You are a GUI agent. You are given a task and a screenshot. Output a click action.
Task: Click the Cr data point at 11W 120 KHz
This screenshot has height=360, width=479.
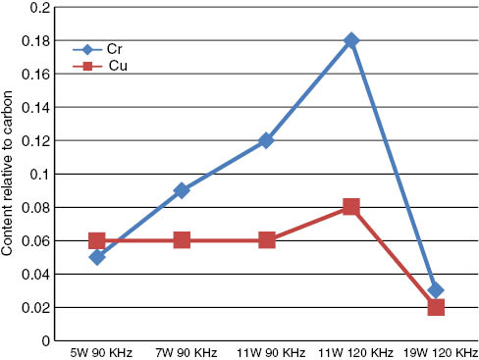point(351,40)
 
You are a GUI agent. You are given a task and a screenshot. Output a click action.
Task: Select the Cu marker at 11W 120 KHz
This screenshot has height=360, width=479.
point(351,207)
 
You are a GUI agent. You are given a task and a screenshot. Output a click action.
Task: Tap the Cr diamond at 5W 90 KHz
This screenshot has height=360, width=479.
point(96,257)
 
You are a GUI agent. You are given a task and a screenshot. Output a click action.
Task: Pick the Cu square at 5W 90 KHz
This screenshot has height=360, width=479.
point(96,240)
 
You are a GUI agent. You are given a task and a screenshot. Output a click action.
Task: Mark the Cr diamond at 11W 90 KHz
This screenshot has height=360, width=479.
point(266,140)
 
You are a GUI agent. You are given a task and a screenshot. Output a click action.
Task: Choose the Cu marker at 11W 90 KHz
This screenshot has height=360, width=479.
point(266,240)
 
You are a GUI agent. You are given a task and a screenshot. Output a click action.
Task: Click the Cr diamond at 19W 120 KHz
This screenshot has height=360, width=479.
point(436,290)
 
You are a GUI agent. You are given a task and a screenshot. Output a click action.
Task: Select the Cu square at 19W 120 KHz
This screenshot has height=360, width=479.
point(436,307)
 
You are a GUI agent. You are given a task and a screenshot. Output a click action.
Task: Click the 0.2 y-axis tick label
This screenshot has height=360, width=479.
point(41,7)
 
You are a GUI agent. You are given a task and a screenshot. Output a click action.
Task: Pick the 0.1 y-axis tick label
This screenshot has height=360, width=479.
point(41,174)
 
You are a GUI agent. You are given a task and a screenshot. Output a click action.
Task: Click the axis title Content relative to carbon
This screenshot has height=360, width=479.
point(9,174)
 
